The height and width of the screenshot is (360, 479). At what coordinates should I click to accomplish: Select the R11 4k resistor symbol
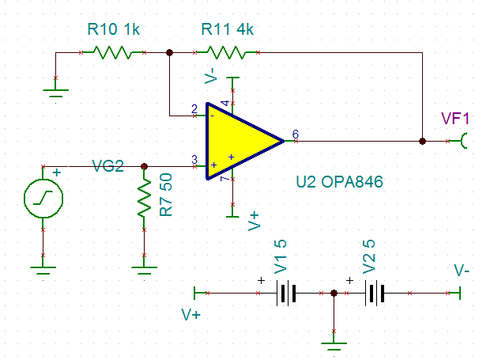point(228,53)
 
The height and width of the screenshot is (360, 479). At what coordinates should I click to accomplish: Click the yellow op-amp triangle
point(241,141)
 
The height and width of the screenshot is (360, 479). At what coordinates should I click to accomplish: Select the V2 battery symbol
point(375,294)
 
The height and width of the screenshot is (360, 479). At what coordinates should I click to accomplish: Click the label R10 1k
point(113,30)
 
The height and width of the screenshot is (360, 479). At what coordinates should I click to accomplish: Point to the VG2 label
point(107,166)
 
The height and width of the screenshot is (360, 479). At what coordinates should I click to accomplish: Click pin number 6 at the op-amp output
point(295,134)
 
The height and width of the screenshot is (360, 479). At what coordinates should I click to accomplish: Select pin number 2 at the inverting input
point(194,108)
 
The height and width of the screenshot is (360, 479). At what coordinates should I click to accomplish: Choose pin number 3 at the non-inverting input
point(194,160)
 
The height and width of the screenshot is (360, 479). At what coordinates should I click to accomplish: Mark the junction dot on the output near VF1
point(423,142)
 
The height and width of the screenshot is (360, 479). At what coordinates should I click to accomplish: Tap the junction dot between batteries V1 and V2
point(334,294)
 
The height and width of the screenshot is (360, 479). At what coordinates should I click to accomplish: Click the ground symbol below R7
point(144,271)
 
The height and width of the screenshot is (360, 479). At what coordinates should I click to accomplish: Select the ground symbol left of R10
point(55,94)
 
